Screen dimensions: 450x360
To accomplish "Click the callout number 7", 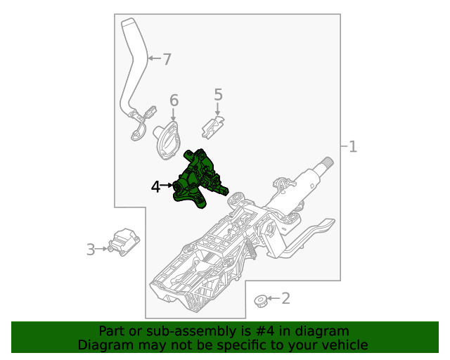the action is coord(167,59).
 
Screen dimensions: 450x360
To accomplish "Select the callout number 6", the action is coord(174,101).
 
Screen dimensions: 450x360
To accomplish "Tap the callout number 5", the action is coord(218,94).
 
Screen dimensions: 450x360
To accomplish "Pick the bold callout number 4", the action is coord(155,186).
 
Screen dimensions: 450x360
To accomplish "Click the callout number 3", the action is coord(91,250).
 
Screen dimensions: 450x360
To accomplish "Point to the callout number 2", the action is coord(285,299).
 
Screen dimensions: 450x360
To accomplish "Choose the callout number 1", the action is coord(353,147).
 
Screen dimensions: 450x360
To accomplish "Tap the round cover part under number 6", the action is coord(169,141).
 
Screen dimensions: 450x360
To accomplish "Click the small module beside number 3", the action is coord(124,242).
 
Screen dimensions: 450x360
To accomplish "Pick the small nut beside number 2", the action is coord(261,301).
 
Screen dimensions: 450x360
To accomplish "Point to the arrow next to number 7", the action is coord(155,58).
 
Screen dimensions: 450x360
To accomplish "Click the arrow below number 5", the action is coord(218,109).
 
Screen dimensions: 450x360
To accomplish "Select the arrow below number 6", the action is coord(174,115).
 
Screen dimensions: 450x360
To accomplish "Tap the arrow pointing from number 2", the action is coord(274,299).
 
